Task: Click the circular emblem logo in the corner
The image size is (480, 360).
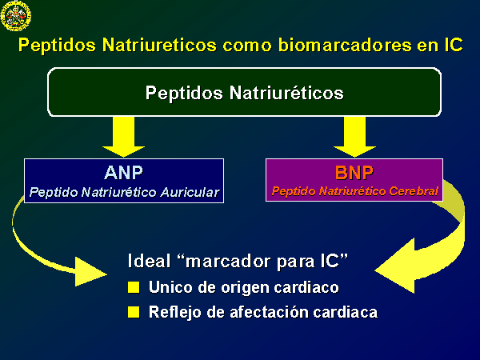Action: (x=16, y=16)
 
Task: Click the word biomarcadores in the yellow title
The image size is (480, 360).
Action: (x=345, y=45)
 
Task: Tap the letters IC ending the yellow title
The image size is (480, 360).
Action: (x=453, y=45)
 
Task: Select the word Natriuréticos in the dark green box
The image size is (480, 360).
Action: (x=286, y=93)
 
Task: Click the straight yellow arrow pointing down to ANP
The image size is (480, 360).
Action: (x=124, y=137)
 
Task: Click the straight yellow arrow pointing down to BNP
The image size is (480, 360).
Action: (x=354, y=137)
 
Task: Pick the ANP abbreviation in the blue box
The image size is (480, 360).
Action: (x=124, y=173)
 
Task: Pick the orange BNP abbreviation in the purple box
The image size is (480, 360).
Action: (x=354, y=172)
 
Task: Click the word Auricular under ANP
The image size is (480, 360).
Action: (x=190, y=192)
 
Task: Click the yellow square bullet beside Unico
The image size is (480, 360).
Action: (x=134, y=287)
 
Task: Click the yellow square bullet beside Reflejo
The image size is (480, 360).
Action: (x=134, y=312)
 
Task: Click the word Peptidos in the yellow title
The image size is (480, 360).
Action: (x=58, y=46)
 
